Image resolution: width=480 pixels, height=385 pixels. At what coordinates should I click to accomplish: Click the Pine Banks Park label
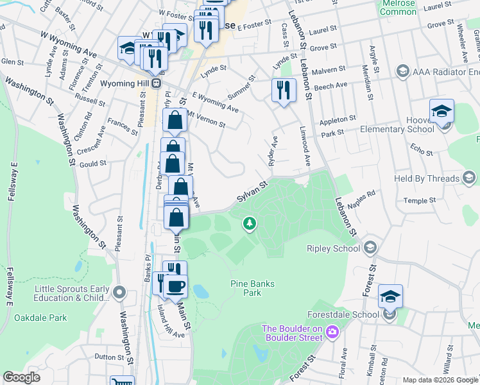point(246,287)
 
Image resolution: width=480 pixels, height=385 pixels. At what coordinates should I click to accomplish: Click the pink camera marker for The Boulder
point(332,332)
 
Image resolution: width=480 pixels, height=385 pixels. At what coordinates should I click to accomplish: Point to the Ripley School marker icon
point(370,248)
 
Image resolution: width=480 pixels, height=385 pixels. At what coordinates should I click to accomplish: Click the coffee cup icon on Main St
point(175,286)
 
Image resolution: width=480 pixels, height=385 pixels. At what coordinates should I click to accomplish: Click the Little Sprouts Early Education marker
point(118,293)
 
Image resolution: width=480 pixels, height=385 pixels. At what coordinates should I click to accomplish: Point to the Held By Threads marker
point(468,178)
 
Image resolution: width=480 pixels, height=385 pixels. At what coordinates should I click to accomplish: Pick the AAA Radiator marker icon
point(403,71)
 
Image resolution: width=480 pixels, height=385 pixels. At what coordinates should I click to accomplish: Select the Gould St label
point(92,164)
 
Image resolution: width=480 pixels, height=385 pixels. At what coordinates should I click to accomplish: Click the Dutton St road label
point(109,357)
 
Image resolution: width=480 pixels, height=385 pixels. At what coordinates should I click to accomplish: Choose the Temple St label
point(420,200)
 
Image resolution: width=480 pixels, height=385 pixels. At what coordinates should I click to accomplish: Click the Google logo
point(22,377)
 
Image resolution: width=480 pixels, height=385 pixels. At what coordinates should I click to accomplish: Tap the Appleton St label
point(338,119)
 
